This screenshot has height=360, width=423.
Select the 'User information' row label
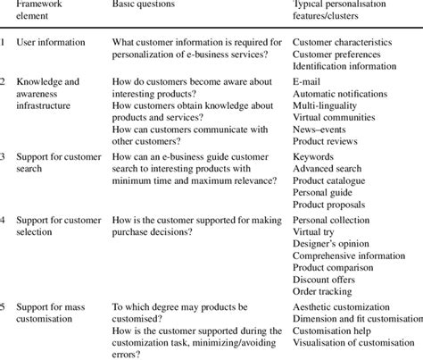coord(51,42)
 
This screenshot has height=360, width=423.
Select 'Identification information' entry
coord(344,66)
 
